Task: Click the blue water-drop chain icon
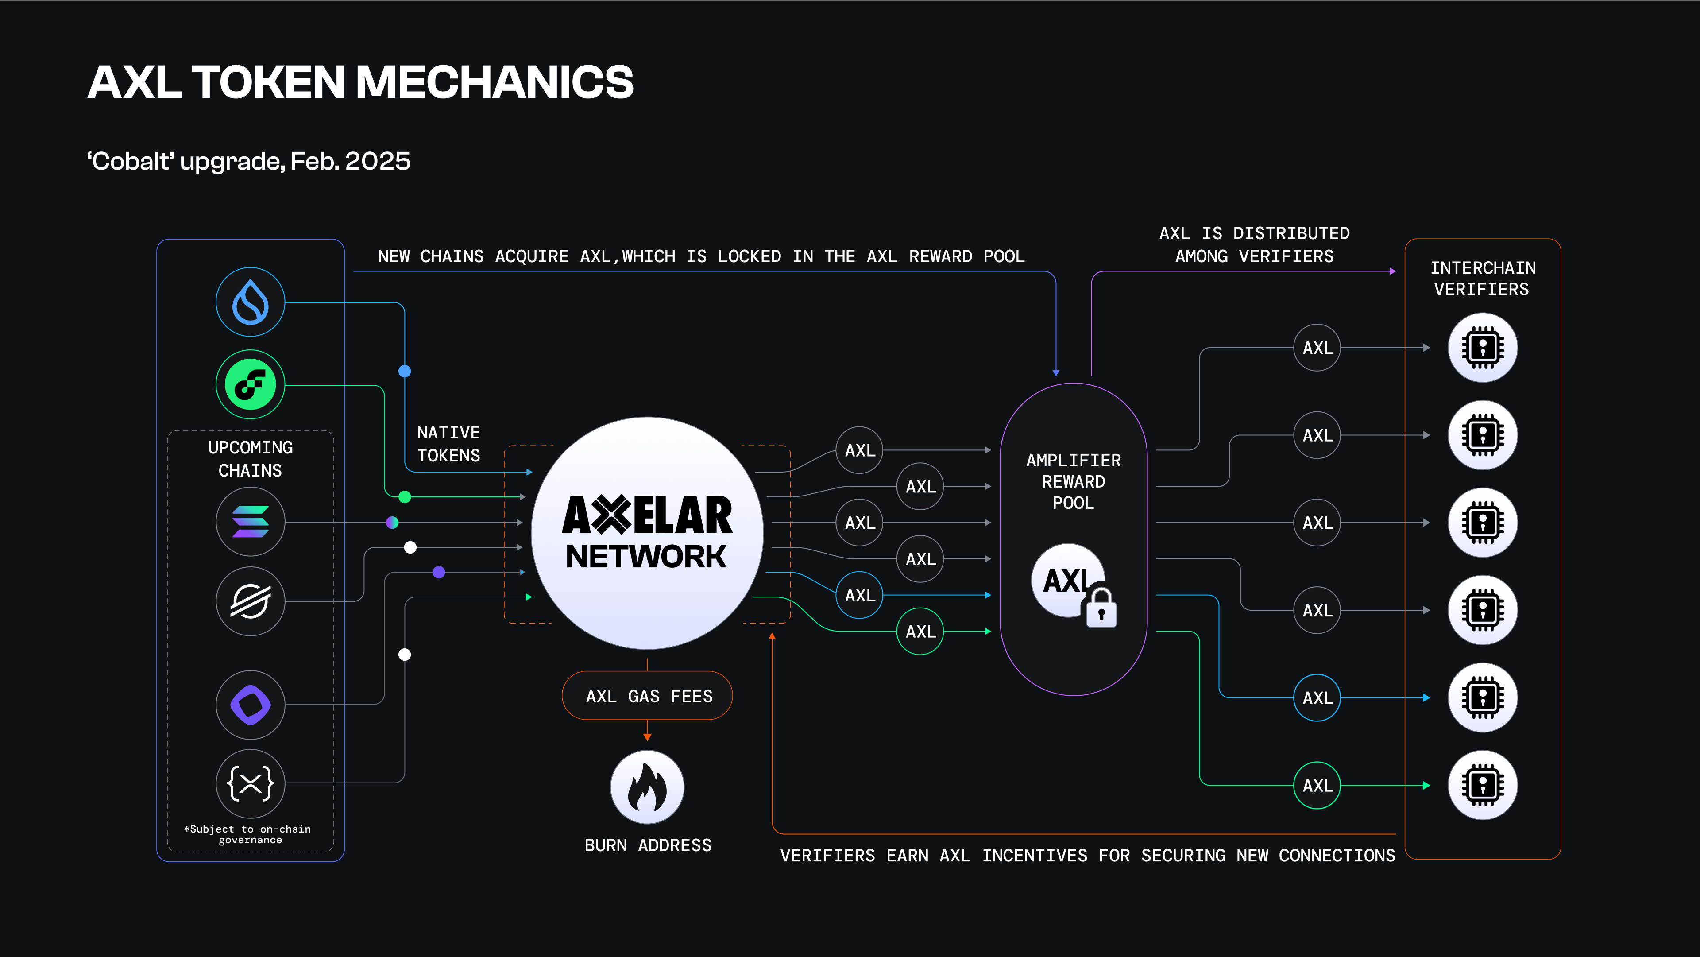click(250, 302)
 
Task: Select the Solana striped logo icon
click(250, 522)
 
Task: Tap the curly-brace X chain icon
click(250, 783)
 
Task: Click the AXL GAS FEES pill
click(647, 696)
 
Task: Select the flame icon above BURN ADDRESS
click(647, 787)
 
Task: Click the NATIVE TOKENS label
click(449, 444)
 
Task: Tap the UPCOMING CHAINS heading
click(250, 459)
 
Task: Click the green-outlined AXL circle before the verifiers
click(1317, 786)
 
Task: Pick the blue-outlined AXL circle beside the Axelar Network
click(859, 595)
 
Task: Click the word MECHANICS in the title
click(495, 82)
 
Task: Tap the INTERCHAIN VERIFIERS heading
click(1482, 279)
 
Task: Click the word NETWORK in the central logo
click(646, 556)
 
